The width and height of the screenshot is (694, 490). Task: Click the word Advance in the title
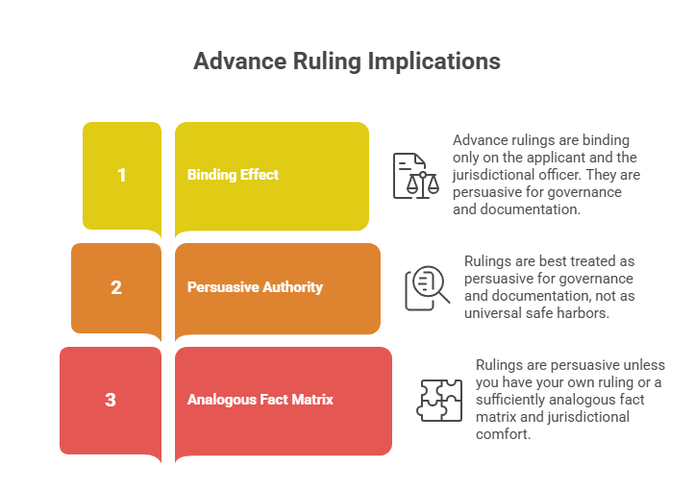click(240, 61)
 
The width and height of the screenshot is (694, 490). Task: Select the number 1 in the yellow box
click(122, 175)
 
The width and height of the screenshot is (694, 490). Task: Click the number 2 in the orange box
click(116, 288)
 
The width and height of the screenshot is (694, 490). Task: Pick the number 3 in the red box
click(111, 401)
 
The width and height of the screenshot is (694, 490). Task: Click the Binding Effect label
click(233, 175)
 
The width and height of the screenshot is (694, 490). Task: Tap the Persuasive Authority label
click(255, 287)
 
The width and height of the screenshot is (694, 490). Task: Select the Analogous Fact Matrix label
click(260, 400)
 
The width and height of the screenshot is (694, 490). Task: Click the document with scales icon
click(416, 176)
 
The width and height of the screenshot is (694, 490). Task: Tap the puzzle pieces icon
click(439, 401)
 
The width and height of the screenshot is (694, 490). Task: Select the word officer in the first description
click(561, 175)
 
